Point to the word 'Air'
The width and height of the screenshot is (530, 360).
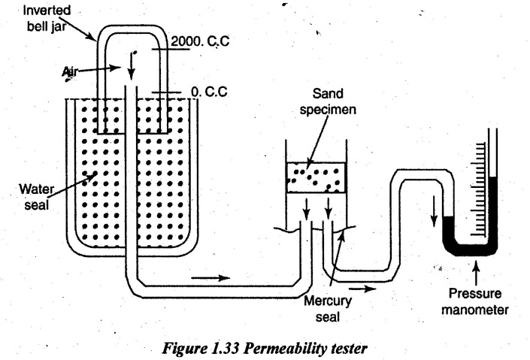(72, 67)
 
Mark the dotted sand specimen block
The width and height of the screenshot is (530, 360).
(315, 177)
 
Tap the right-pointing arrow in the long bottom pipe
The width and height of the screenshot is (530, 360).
(209, 277)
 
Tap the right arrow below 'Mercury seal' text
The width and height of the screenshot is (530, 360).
(361, 286)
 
